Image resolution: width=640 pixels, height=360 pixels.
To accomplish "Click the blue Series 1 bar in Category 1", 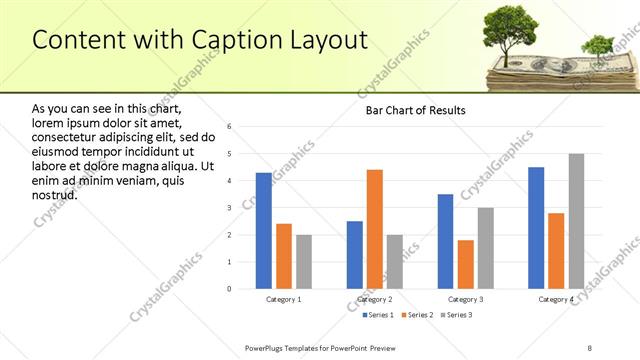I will coord(263,231).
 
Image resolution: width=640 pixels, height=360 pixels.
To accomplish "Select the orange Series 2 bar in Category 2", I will coord(375,229).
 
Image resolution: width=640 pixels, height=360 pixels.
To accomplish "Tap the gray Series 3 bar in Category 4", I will coord(576,221).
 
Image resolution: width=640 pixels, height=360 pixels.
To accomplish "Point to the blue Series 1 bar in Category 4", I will coord(536,228).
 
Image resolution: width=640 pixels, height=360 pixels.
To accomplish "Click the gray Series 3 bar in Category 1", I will coord(304,262).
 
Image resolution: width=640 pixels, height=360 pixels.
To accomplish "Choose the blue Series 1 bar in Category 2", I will coord(355,255).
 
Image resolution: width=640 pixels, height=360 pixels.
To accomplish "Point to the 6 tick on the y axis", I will coord(230,127).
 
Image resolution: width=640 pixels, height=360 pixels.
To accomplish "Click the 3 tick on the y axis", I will coord(230,208).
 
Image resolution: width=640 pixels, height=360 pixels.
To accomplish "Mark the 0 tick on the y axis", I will coord(230,289).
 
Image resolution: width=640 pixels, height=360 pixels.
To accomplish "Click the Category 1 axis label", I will coord(284,299).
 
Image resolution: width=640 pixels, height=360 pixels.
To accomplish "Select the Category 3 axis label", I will coord(466,299).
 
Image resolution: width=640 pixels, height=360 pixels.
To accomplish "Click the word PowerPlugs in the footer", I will coord(268,347).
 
